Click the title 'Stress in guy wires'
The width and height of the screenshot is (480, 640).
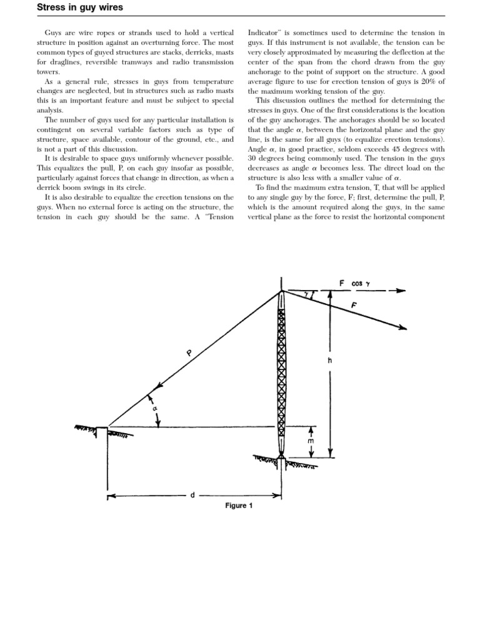80,7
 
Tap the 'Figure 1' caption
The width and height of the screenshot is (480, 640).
239,506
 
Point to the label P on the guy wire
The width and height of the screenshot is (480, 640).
188,354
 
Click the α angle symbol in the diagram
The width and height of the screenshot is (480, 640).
154,409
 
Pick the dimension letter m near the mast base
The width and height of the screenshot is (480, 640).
311,441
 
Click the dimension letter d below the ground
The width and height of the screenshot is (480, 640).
192,495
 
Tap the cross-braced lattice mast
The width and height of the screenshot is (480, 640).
281,375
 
